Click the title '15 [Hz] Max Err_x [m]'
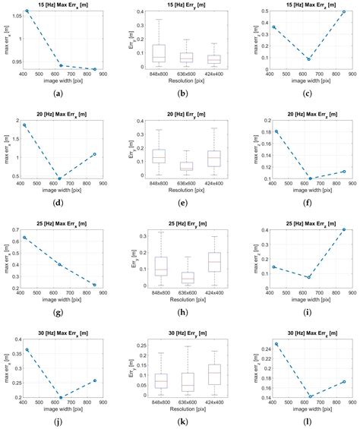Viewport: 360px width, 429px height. (x=59, y=5)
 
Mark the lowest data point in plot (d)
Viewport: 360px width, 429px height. (x=60, y=179)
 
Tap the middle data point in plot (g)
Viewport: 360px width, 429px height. (x=60, y=264)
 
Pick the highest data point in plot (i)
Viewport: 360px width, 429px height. (x=343, y=229)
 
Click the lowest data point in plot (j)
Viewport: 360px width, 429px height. (x=60, y=397)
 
